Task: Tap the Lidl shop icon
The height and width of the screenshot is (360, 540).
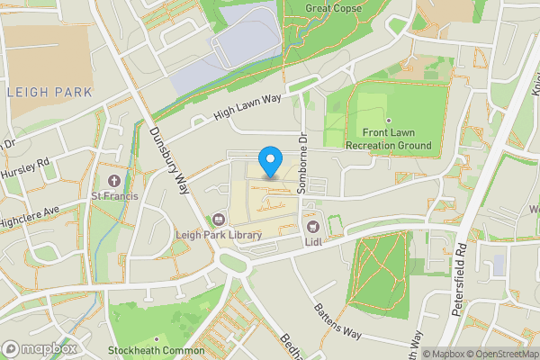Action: tap(313, 228)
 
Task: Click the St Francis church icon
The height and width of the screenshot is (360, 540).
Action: tap(113, 181)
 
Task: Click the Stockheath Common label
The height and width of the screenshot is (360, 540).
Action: tap(157, 351)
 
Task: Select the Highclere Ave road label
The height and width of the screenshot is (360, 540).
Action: tap(29, 217)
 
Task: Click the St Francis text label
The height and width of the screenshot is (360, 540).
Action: tap(113, 195)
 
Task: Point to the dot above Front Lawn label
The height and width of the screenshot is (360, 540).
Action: tap(388, 121)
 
